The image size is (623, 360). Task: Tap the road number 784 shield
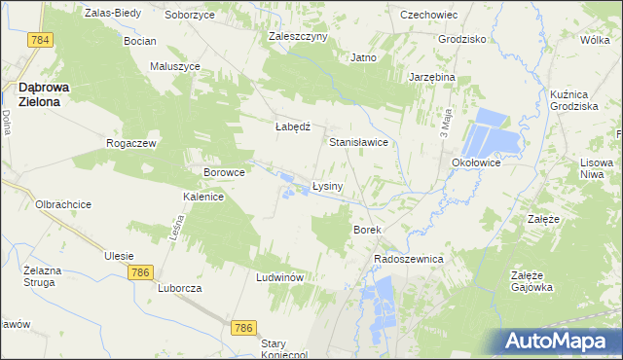[40, 40]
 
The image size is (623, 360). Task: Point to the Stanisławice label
[358, 142]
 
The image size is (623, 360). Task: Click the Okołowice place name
[475, 163]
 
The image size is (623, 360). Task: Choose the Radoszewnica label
[409, 260]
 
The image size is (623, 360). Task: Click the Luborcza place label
[179, 289]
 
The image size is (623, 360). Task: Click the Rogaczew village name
[131, 143]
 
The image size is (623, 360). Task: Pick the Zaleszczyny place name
[298, 36]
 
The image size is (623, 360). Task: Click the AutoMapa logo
[562, 342]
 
